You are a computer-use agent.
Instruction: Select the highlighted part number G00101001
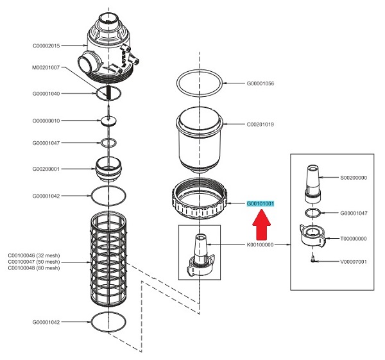point(261,204)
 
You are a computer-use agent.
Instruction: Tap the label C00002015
point(46,46)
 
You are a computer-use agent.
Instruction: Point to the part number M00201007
point(46,67)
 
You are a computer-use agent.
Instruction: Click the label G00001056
point(261,83)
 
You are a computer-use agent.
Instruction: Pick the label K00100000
point(261,244)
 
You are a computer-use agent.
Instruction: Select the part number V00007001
point(354,262)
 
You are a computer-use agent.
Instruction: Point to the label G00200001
point(46,170)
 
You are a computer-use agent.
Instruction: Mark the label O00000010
point(46,121)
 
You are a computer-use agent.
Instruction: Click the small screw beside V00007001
point(313,259)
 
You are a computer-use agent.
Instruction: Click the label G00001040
point(46,94)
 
